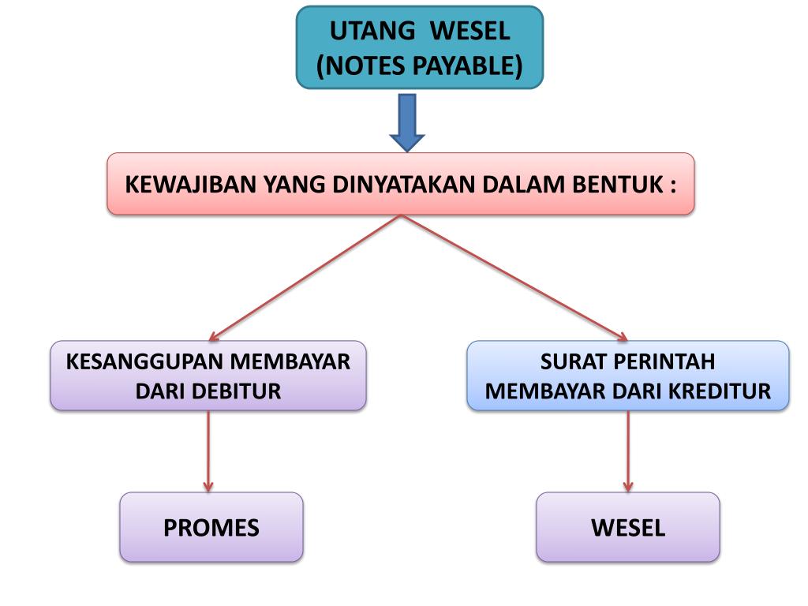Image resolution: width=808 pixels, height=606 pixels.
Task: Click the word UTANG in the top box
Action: coord(372,32)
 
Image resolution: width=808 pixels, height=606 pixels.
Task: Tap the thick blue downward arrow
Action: coord(407,122)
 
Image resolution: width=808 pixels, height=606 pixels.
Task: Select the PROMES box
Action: coord(211,527)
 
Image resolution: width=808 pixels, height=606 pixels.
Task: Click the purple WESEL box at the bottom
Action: coord(628,527)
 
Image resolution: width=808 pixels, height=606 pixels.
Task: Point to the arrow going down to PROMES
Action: coord(208,451)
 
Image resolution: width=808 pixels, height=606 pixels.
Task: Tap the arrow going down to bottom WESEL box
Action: coord(628,451)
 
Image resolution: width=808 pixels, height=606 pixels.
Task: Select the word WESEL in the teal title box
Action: coord(473,32)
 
